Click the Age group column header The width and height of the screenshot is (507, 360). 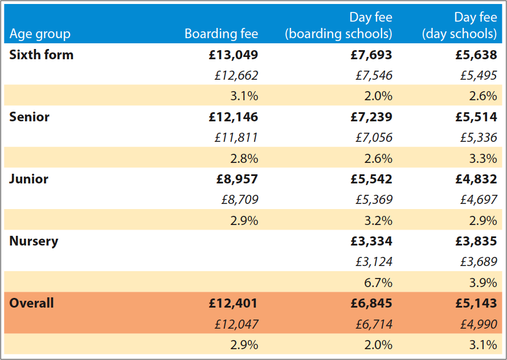pos(40,34)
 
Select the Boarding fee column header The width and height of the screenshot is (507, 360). pos(221,34)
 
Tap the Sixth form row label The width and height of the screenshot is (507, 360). pos(42,55)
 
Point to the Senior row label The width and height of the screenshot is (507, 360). pos(30,117)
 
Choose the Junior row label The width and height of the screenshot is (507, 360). pos(28,179)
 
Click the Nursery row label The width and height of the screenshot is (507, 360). pos(34,241)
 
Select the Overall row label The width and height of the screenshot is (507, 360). pos(31,303)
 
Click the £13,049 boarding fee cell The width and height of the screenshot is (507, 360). pos(234,55)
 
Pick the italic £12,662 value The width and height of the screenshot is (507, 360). pos(236,75)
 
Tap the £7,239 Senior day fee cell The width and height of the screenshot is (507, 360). pos(371,117)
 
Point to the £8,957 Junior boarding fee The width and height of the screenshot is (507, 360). pos(237,179)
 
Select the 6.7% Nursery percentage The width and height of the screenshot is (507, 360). pos(378,283)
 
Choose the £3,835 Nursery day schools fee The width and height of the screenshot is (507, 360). pos(476,241)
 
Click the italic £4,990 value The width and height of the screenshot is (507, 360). pos(479,324)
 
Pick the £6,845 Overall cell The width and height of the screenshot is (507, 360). pos(371,303)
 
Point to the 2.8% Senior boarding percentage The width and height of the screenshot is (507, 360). pos(244,158)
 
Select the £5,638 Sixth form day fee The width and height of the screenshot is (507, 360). pos(476,55)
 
